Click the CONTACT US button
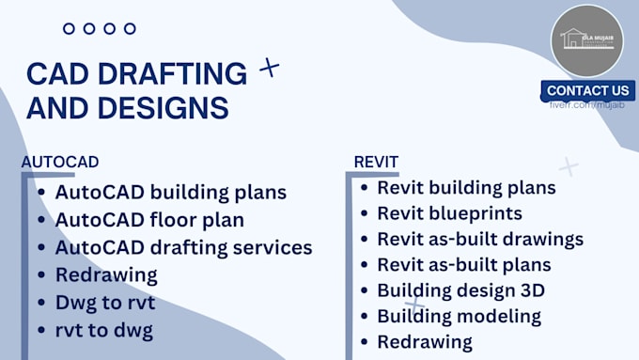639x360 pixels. point(588,90)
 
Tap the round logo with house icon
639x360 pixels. point(587,41)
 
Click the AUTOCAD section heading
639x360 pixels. point(60,162)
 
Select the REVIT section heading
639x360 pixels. point(376,162)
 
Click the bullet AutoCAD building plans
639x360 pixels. point(170,193)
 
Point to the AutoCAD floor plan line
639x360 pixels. point(149,220)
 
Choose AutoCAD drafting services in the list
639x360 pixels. point(183,248)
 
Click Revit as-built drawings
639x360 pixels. point(480,239)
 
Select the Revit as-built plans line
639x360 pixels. point(464,265)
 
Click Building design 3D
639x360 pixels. point(460,290)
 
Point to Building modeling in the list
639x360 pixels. point(459,316)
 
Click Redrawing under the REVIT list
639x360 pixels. point(425,341)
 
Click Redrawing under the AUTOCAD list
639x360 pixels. point(106,275)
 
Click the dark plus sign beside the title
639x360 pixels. point(269,67)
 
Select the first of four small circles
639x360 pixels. point(69,29)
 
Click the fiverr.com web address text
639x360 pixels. point(588,105)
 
